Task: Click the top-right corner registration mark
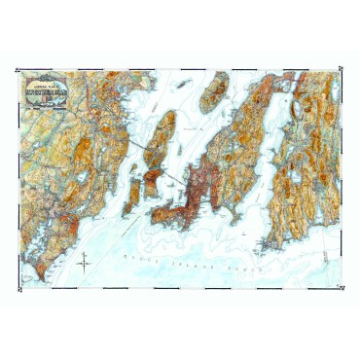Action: coord(343,65)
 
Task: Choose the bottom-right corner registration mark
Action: coord(343,292)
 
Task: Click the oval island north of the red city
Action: coord(213,92)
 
